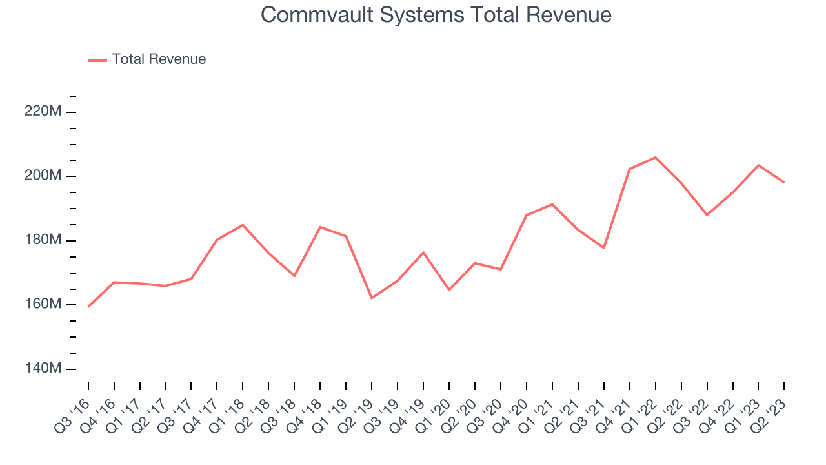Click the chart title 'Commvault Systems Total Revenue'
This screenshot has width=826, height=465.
pyautogui.click(x=436, y=15)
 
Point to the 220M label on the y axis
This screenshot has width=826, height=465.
pyautogui.click(x=43, y=112)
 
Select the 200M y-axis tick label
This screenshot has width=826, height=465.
pyautogui.click(x=43, y=176)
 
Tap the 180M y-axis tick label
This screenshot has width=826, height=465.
pyautogui.click(x=43, y=240)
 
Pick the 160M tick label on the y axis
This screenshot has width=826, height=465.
pyautogui.click(x=43, y=304)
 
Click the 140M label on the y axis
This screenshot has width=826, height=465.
pyautogui.click(x=43, y=368)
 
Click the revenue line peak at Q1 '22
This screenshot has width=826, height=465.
pyautogui.click(x=656, y=158)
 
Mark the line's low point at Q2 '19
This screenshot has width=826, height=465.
pyautogui.click(x=372, y=298)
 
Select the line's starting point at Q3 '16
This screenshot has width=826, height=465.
pyautogui.click(x=88, y=306)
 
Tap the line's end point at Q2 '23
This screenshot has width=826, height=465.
pyautogui.click(x=784, y=182)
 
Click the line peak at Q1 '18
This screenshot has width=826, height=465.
pyautogui.click(x=243, y=225)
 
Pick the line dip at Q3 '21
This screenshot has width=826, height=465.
pyautogui.click(x=604, y=248)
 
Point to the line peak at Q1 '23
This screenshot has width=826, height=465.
pyautogui.click(x=759, y=165)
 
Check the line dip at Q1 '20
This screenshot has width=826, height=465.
pyautogui.click(x=449, y=290)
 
